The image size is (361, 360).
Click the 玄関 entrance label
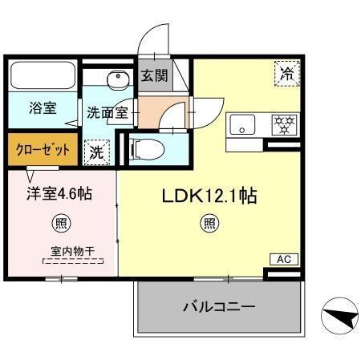(x=154, y=77)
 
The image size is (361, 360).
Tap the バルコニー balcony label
(x=218, y=307)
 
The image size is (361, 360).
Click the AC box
(x=283, y=259)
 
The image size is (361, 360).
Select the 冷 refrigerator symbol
(x=286, y=74)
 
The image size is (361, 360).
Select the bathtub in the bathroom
(x=42, y=77)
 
